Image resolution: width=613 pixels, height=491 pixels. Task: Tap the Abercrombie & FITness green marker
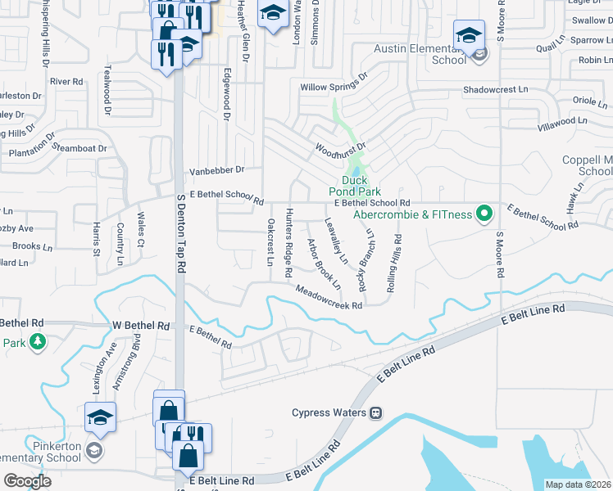484,215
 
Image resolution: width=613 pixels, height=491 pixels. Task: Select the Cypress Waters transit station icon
376,412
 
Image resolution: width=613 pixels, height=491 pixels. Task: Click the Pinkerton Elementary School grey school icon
95,450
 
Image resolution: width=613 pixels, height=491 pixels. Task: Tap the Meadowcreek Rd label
329,298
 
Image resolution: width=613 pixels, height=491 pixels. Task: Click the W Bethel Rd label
141,325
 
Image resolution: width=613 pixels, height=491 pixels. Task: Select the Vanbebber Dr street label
217,170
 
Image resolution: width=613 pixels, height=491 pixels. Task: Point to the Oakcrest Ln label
270,242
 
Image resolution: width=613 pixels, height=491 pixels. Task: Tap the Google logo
26,481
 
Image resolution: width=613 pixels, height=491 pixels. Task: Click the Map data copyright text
578,484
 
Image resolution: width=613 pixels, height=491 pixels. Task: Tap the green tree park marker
36,342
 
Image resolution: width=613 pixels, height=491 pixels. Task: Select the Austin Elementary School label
420,54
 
